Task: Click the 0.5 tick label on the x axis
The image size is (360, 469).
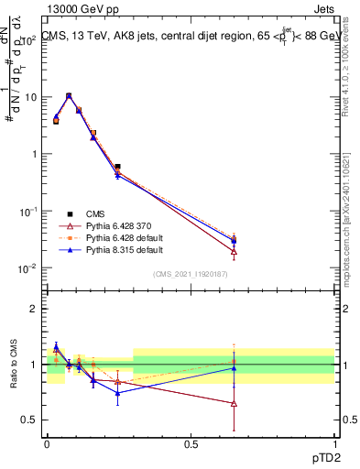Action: click(x=191, y=442)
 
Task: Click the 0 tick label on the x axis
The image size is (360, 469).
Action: click(x=48, y=442)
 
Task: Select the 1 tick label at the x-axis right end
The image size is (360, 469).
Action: click(x=333, y=442)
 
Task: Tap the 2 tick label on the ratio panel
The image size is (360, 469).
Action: click(x=36, y=309)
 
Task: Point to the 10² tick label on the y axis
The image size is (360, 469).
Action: click(x=27, y=40)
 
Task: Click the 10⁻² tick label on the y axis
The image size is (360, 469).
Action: click(x=27, y=268)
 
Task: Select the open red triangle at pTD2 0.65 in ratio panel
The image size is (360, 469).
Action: click(x=235, y=403)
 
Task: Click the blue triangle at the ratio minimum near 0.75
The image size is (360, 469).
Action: click(x=117, y=394)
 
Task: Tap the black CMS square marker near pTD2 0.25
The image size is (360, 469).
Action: click(x=117, y=167)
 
